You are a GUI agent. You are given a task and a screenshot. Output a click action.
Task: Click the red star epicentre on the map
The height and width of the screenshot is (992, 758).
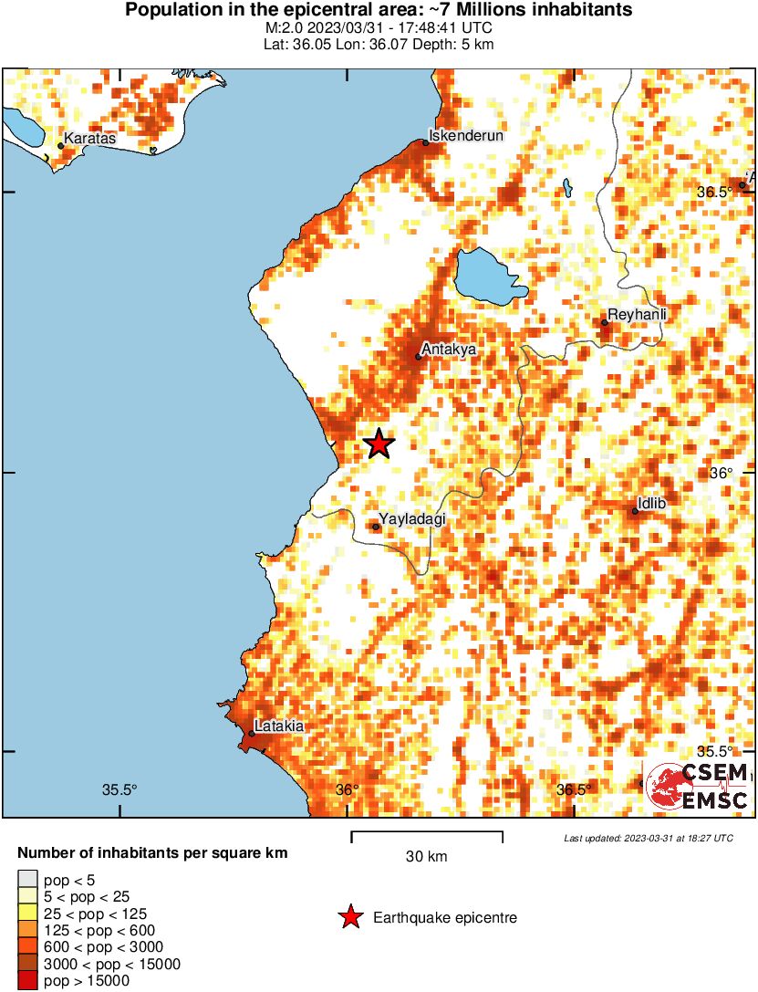379,444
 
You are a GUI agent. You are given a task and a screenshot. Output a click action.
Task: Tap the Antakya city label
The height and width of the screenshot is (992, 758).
451,349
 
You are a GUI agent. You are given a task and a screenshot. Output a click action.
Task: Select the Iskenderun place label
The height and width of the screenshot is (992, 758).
465,135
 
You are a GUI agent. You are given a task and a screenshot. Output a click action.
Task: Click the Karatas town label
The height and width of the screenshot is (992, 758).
90,139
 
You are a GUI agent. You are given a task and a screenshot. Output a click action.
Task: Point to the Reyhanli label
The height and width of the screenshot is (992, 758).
637,314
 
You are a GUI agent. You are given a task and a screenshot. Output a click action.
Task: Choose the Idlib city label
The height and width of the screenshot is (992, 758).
658,503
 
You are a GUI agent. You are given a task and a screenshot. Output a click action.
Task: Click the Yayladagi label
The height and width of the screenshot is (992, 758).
412,518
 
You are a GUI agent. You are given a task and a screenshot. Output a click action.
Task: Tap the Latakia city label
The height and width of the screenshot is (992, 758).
279,726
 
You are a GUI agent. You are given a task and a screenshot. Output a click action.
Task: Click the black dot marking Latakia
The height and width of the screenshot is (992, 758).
252,734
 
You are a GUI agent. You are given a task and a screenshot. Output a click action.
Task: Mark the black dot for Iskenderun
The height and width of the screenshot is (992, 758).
425,142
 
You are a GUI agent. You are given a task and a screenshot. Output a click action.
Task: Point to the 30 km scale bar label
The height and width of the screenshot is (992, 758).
426,856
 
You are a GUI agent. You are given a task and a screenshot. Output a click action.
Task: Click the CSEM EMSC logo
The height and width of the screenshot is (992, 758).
698,787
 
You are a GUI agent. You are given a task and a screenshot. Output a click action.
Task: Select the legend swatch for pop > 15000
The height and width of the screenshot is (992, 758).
27,981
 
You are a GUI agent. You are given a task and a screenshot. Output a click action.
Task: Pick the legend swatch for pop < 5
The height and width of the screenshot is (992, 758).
27,881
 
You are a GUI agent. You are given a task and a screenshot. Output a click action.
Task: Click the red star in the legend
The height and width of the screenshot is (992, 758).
349,918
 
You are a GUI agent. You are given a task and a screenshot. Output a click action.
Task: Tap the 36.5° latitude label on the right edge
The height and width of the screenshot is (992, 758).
714,192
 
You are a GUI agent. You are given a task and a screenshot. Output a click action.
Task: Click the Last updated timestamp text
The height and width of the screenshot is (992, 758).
648,838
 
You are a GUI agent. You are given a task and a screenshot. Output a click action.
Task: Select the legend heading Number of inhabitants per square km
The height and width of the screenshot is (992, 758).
153,854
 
